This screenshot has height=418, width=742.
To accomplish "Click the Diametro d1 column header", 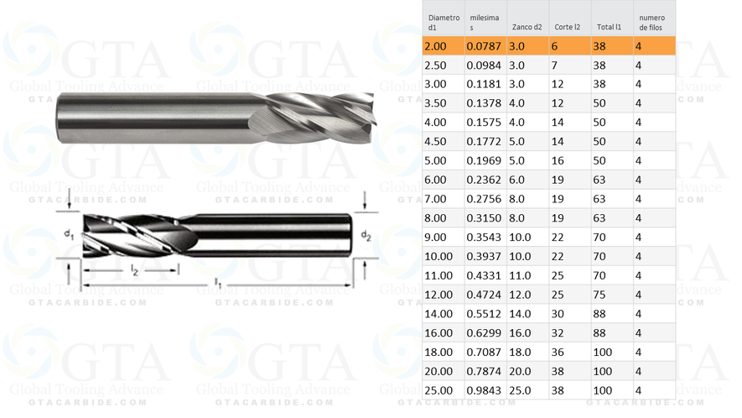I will pyautogui.click(x=444, y=22).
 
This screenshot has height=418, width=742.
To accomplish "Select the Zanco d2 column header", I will pyautogui.click(x=527, y=27).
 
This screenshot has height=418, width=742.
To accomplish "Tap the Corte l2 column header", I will pyautogui.click(x=567, y=27).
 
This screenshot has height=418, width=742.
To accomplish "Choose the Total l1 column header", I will pyautogui.click(x=609, y=27).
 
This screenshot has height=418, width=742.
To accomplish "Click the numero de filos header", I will pyautogui.click(x=652, y=22).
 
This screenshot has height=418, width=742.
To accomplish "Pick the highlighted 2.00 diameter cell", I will pyautogui.click(x=441, y=45).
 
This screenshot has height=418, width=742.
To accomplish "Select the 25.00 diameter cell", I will pyautogui.click(x=441, y=390).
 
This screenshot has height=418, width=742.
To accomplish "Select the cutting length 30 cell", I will pyautogui.click(x=558, y=314).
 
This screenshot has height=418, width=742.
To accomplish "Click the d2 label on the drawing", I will pyautogui.click(x=366, y=235).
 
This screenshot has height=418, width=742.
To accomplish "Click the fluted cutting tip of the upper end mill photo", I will pyautogui.click(x=319, y=113).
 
